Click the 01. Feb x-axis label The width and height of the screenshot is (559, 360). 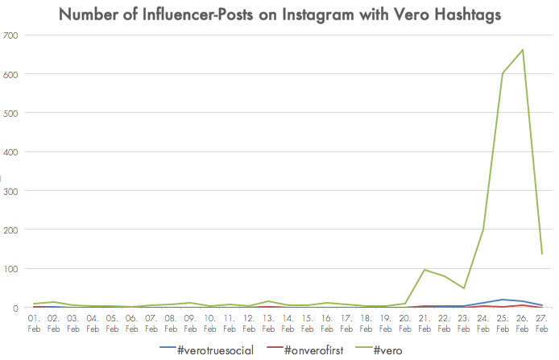(34, 324)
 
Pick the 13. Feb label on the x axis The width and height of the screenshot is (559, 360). (267, 324)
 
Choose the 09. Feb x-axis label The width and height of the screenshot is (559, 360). (189, 324)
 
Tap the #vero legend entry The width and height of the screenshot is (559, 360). (383, 349)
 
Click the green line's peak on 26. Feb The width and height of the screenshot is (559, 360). (523, 50)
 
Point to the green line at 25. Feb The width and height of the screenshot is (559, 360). (503, 74)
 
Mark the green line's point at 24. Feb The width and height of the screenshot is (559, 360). (483, 230)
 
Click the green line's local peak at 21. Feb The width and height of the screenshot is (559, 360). (424, 270)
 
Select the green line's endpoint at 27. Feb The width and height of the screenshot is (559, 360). (542, 254)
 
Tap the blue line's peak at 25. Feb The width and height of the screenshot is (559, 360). (503, 300)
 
